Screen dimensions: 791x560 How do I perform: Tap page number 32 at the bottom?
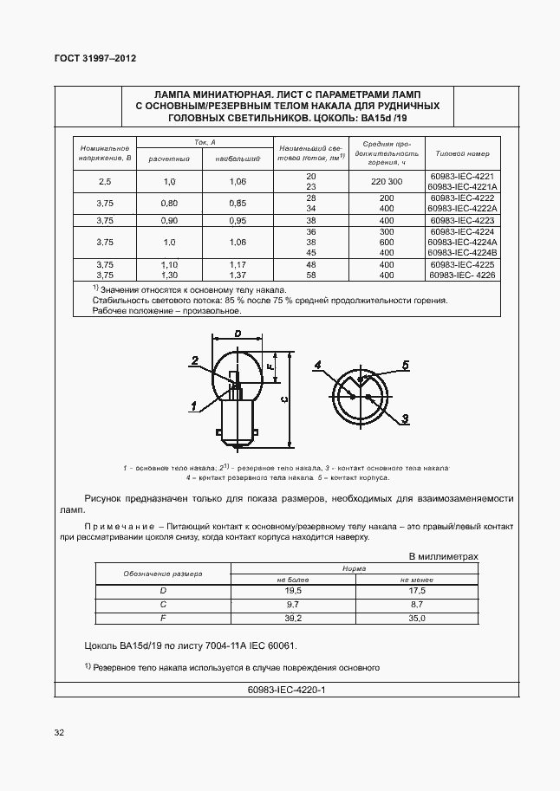click(x=59, y=732)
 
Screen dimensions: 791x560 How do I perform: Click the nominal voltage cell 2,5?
click(x=105, y=181)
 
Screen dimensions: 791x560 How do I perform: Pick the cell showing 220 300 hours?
click(x=387, y=181)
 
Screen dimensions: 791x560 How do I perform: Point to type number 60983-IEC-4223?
click(x=461, y=220)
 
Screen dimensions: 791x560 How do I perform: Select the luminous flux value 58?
click(x=311, y=274)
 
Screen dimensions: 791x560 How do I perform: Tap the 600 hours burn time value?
click(x=387, y=243)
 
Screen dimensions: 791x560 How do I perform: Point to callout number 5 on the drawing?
click(x=405, y=365)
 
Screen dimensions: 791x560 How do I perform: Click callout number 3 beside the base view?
click(x=405, y=418)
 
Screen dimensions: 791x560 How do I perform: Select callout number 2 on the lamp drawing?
click(x=196, y=360)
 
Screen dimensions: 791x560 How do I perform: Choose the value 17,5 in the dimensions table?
click(x=417, y=590)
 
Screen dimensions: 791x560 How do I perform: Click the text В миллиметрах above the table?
click(x=442, y=556)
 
